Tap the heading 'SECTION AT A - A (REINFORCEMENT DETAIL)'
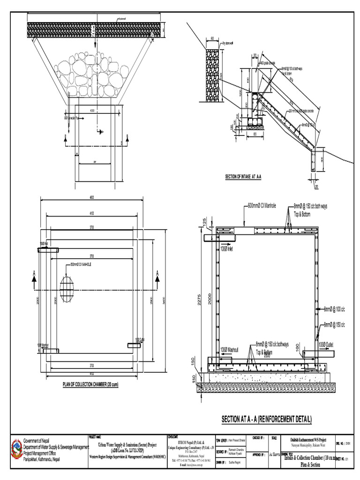(x=266, y=419)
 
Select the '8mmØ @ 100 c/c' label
(x=334, y=309)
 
